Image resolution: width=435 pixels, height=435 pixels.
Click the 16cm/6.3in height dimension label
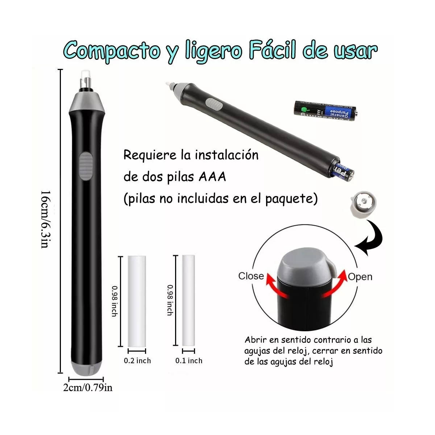(44, 219)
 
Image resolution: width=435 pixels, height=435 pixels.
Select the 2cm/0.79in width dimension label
(88, 388)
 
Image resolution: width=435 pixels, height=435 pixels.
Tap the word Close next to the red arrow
(251, 276)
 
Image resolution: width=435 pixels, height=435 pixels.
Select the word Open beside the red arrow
(360, 277)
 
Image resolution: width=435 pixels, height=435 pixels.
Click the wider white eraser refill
(137, 301)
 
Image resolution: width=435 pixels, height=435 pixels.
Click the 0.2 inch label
(137, 361)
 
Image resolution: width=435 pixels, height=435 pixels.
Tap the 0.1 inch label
(188, 361)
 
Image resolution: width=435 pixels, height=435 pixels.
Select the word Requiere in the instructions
(149, 155)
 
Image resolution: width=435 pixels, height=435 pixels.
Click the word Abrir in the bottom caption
(256, 340)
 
